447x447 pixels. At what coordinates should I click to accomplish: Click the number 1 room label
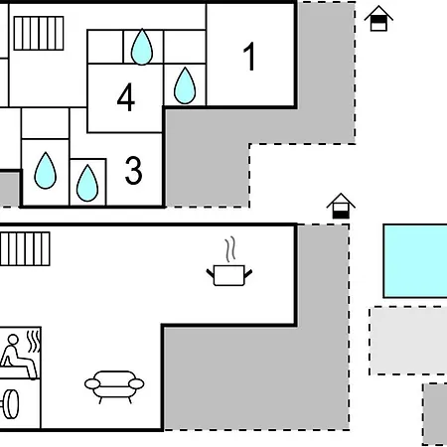click(249, 57)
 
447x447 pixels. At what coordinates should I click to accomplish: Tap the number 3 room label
click(134, 170)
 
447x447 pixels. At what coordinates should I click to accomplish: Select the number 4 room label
click(126, 97)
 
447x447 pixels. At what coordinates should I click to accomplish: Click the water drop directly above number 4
click(142, 47)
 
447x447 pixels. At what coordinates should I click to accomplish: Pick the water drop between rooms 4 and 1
click(185, 85)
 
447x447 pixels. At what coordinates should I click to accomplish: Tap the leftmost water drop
click(46, 170)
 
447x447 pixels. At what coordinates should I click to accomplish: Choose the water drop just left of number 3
click(87, 183)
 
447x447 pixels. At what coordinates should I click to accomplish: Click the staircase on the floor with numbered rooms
click(39, 33)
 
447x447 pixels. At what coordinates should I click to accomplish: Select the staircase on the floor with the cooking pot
click(25, 248)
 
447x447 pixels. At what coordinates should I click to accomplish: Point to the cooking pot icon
click(229, 275)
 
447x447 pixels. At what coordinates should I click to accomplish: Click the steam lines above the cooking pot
click(230, 249)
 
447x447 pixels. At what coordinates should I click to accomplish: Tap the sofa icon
click(114, 386)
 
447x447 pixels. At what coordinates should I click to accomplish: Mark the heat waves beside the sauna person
click(34, 342)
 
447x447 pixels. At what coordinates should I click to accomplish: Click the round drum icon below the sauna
click(10, 404)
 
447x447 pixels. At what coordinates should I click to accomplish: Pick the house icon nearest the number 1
click(378, 19)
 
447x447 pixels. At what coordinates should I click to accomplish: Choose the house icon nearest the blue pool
click(341, 206)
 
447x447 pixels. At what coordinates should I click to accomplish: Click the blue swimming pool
click(415, 261)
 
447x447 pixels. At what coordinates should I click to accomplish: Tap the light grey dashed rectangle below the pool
click(408, 341)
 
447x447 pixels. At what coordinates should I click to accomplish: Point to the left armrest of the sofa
click(92, 384)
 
